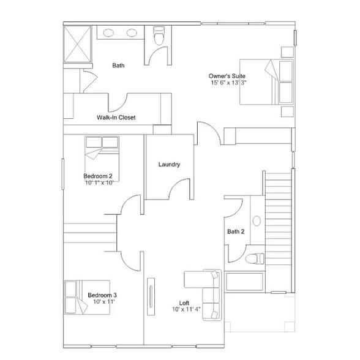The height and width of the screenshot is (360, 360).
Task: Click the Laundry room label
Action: (169, 164)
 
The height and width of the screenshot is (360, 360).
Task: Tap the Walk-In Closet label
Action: (116, 118)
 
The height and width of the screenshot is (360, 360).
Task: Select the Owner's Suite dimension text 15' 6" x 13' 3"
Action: (228, 83)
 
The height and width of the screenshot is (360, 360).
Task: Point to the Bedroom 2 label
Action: (98, 176)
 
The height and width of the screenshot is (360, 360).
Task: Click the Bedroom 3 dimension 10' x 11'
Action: (104, 301)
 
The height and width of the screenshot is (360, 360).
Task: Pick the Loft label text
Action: (184, 303)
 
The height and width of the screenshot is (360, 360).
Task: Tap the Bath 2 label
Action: (236, 231)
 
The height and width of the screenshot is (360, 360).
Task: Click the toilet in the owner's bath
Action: (159, 36)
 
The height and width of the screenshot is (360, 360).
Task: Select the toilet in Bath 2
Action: (255, 258)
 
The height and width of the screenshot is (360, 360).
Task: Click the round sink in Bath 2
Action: (257, 221)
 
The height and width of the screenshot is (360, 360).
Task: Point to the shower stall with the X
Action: (78, 44)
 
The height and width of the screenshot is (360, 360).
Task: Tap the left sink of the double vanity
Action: (108, 33)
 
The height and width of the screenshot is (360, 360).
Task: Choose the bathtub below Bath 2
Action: (244, 282)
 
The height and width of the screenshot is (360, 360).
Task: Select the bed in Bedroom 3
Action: (87, 298)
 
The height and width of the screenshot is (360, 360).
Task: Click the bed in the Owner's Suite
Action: (266, 82)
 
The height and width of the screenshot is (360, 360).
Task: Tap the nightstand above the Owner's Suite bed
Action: (288, 52)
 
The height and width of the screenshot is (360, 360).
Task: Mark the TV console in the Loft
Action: (151, 296)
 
